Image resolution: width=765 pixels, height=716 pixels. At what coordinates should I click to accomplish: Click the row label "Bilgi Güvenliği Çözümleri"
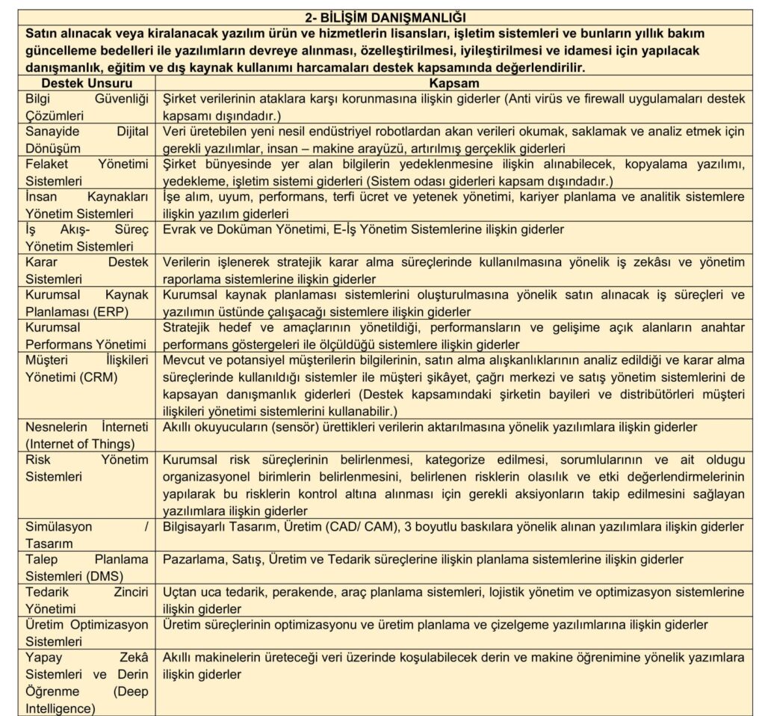click(x=87, y=107)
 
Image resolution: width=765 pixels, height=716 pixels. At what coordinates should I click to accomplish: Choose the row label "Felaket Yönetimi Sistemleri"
click(x=87, y=172)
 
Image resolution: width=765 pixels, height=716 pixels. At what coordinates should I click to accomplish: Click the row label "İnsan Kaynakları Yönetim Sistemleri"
click(x=87, y=205)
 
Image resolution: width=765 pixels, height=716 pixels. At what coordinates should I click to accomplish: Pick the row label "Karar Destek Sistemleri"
click(x=87, y=270)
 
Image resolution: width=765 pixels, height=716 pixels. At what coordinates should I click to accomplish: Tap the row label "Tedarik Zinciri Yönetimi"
click(x=87, y=599)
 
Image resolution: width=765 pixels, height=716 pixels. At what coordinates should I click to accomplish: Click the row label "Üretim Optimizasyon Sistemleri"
click(x=87, y=632)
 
